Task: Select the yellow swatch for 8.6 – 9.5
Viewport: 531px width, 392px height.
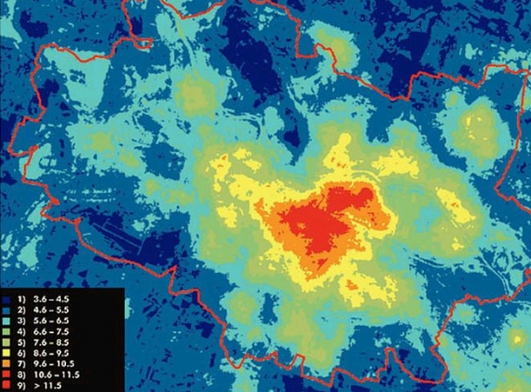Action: coord(7,352)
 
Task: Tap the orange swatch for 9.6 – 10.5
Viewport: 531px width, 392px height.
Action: coord(7,362)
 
